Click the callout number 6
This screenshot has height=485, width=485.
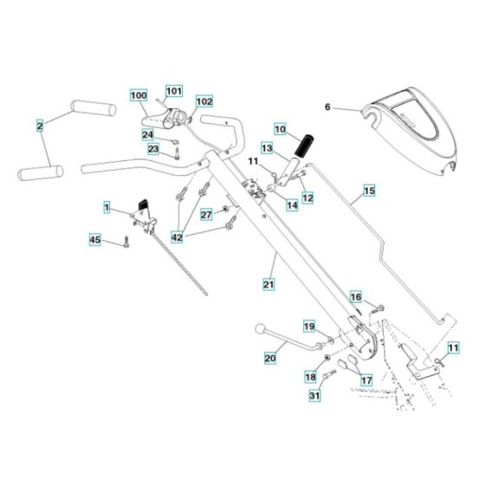(x=327, y=107)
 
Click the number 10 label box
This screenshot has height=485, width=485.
(x=280, y=128)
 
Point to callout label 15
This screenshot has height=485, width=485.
(x=368, y=189)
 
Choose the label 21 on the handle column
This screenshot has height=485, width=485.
(x=268, y=283)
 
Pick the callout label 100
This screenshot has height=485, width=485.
(x=139, y=94)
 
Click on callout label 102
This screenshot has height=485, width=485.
(x=204, y=101)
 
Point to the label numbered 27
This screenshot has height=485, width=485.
(x=206, y=213)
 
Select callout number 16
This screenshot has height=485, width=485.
(x=355, y=297)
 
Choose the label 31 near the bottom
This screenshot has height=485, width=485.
(x=314, y=397)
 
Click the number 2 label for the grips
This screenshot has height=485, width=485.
(x=39, y=126)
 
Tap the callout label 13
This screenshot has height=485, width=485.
(x=267, y=149)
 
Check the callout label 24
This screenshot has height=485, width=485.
(x=148, y=134)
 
